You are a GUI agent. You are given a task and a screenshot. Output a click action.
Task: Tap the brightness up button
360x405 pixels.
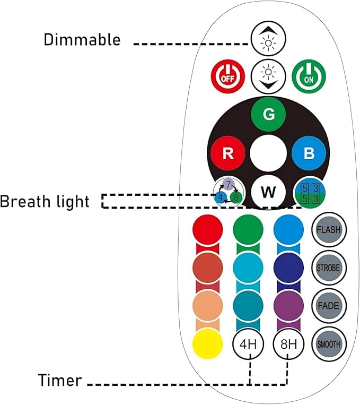[x=268, y=39]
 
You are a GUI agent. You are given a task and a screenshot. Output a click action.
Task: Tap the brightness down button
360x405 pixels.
[x=268, y=76]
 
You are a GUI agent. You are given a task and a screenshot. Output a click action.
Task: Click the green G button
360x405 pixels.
[x=268, y=114]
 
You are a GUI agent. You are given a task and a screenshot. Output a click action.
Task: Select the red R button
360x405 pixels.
[x=228, y=153]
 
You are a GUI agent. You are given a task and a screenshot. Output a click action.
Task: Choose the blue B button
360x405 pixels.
[x=309, y=153]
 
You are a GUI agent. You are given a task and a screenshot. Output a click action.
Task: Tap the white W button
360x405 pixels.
[x=268, y=192]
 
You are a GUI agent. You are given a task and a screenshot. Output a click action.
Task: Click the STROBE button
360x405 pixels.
[x=329, y=268]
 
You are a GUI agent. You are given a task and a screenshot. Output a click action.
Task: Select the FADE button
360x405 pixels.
[x=329, y=306]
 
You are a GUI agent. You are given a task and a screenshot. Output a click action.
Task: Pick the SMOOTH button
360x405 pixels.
[x=329, y=344]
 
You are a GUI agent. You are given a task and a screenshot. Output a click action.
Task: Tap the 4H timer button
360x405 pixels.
[x=248, y=344]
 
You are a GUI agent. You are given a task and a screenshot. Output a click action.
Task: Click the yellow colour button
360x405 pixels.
[x=207, y=344]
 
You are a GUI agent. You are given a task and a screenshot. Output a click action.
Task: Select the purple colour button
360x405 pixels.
[x=288, y=306]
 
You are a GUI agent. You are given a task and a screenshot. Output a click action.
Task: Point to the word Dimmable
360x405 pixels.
[x=82, y=40]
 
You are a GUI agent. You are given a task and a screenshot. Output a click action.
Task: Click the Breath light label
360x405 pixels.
[x=45, y=202]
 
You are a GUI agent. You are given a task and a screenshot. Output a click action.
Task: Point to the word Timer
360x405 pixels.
[x=60, y=380]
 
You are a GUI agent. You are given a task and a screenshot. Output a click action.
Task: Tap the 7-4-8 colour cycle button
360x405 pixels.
[x=229, y=193]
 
